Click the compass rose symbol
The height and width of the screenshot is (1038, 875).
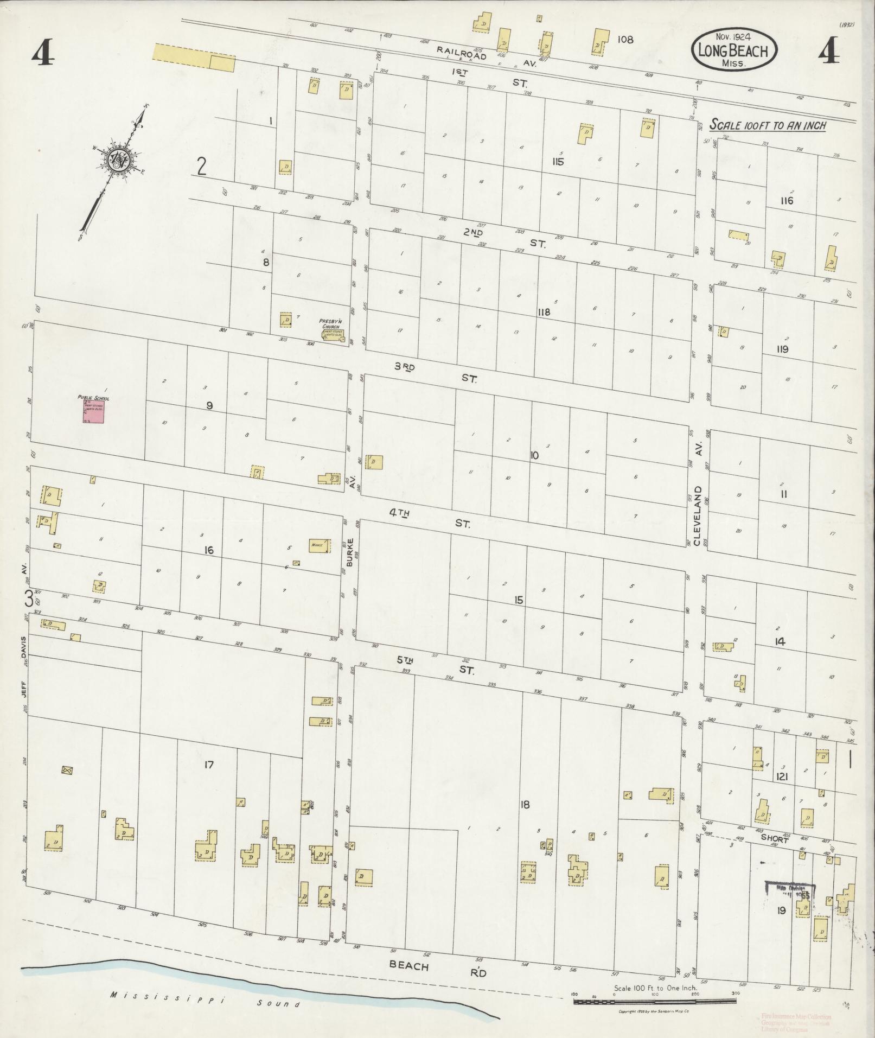[118, 160]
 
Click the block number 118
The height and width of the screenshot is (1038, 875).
[544, 313]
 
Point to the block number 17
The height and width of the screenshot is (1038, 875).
[209, 765]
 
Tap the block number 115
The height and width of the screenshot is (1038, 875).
[557, 162]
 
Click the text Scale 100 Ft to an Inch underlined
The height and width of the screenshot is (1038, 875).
[768, 125]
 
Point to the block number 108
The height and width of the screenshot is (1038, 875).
[625, 40]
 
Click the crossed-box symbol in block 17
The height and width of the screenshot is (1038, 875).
[67, 770]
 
